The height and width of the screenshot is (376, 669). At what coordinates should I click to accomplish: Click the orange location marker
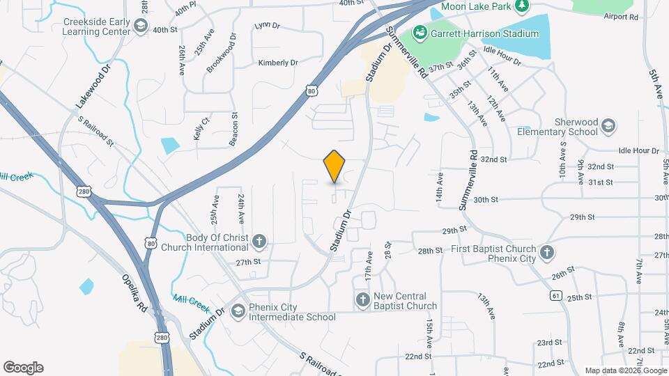tap(334, 167)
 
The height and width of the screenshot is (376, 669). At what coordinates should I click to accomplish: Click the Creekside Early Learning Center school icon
tap(141, 26)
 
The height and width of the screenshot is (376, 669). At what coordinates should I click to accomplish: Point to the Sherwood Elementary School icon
tap(608, 126)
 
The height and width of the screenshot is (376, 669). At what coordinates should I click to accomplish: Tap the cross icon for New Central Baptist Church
tap(362, 300)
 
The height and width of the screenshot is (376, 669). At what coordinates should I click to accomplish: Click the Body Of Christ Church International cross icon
tap(259, 242)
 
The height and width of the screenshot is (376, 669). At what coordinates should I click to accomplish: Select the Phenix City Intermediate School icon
tap(238, 311)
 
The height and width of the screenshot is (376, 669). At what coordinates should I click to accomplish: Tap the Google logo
tap(23, 368)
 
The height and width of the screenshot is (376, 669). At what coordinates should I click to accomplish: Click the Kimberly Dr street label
tap(278, 63)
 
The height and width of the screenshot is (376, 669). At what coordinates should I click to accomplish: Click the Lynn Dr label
tap(267, 26)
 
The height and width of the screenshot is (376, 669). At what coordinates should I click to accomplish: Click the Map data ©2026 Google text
tap(625, 370)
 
